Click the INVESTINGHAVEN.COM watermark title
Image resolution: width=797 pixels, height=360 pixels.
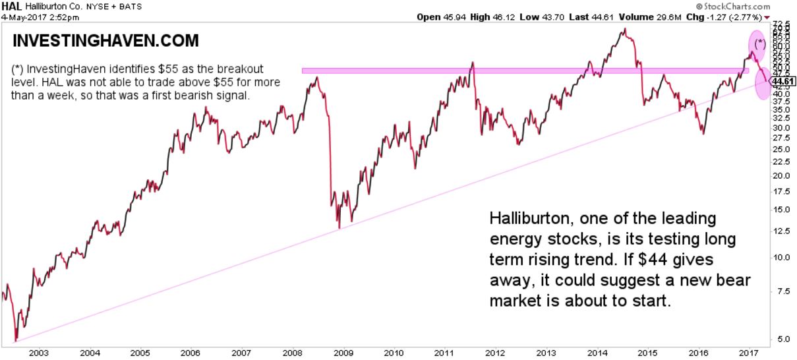point(105,42)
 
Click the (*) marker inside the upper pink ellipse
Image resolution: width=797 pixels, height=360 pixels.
point(760,44)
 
